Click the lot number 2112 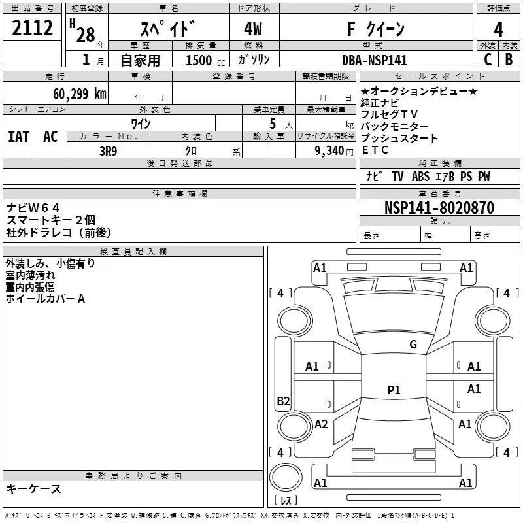[x=32, y=27]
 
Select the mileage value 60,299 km [x=80, y=94]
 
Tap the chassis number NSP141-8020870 [x=439, y=207]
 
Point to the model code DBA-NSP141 [x=375, y=60]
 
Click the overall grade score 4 [x=498, y=29]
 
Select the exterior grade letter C [x=488, y=59]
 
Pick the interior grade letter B [x=509, y=59]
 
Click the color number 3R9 [x=109, y=151]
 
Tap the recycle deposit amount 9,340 [x=329, y=151]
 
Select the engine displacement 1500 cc [x=205, y=60]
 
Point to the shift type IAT [x=18, y=137]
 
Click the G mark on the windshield [x=413, y=345]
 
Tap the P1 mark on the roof [x=394, y=390]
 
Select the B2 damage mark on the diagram [x=283, y=401]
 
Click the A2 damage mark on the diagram [x=321, y=424]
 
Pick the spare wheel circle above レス [x=286, y=477]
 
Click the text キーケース [x=33, y=488]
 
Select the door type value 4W [x=253, y=29]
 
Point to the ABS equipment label [x=420, y=176]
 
